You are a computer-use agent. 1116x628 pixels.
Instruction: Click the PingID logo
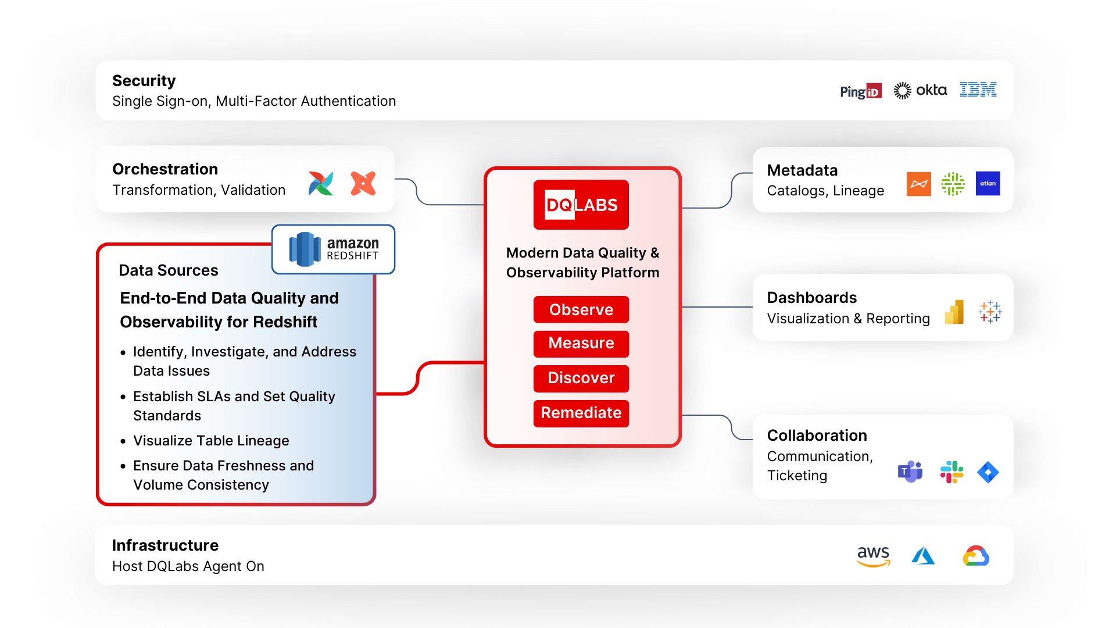click(860, 91)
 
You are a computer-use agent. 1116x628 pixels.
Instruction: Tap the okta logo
click(920, 90)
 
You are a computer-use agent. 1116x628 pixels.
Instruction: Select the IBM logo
click(978, 90)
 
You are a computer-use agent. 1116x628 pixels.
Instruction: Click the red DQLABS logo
click(581, 205)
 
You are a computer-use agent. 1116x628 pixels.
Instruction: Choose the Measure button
click(581, 343)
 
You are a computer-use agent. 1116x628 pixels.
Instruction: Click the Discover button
click(581, 378)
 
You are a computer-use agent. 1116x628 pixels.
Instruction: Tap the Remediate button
click(581, 413)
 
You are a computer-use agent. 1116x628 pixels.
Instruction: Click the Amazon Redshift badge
click(334, 249)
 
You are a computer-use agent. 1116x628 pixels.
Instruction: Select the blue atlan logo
click(988, 184)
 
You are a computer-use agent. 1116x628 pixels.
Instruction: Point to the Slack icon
click(952, 472)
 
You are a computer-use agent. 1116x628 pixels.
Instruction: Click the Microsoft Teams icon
click(910, 472)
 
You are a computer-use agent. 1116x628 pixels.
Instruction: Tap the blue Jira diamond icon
click(988, 472)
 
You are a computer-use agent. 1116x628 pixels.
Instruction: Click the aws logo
click(873, 555)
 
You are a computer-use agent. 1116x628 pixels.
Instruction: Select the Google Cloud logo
click(976, 556)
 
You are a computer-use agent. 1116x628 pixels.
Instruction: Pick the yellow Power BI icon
click(954, 312)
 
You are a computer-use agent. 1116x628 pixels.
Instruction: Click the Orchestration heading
click(165, 169)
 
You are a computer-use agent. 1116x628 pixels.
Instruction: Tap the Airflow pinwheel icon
click(321, 184)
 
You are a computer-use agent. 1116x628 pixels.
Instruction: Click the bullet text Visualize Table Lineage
click(211, 441)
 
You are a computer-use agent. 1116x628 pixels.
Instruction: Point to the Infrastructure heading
click(165, 545)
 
